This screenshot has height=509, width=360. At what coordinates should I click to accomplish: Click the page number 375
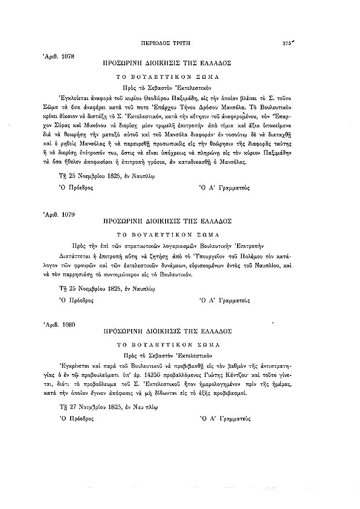pyautogui.click(x=288, y=43)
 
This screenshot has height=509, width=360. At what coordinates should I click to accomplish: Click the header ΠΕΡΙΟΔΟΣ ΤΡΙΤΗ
pyautogui.click(x=167, y=43)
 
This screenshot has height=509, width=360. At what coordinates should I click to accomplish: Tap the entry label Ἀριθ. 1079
pyautogui.click(x=59, y=214)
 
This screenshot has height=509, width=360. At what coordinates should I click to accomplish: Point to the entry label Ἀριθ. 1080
pyautogui.click(x=59, y=325)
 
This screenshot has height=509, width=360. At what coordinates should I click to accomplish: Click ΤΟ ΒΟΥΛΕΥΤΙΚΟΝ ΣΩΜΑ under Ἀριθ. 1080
pyautogui.click(x=168, y=345)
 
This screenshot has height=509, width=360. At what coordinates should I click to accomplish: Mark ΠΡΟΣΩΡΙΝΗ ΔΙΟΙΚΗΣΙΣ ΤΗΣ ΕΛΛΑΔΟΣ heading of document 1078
pyautogui.click(x=168, y=63)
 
